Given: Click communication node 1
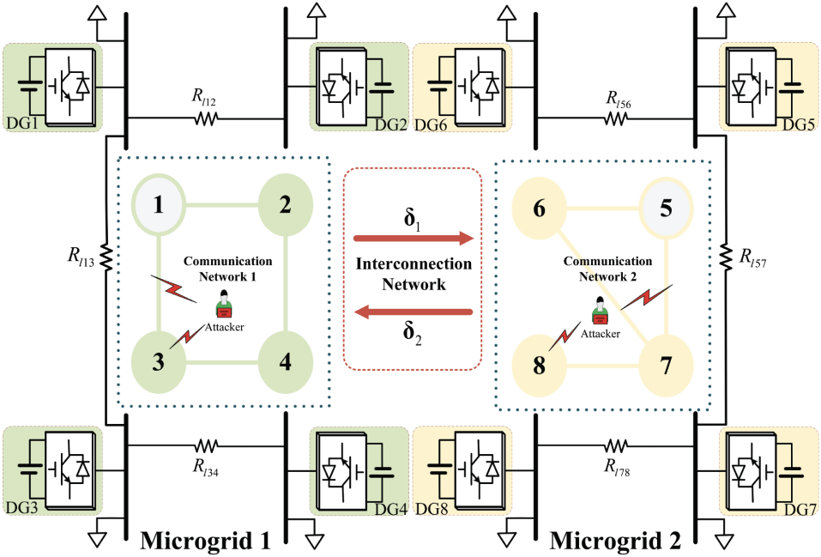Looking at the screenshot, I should point(159,206).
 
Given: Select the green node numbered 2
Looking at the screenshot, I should point(284,206).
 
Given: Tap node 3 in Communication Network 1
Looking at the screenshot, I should point(159,360).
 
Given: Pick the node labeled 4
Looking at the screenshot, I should point(284,360).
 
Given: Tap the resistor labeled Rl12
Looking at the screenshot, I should point(206,118).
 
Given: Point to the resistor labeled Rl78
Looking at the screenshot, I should point(615,445).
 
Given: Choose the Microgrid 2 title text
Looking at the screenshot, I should point(616,540).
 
